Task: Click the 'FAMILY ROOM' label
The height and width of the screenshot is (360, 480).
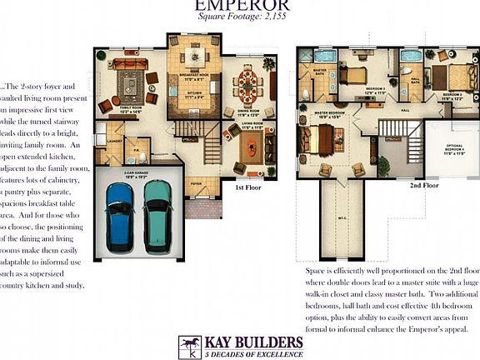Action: pyautogui.click(x=131, y=107)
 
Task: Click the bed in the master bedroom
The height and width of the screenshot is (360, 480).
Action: pyautogui.click(x=320, y=138)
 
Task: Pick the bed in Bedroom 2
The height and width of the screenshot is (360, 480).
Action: pyautogui.click(x=457, y=77)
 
